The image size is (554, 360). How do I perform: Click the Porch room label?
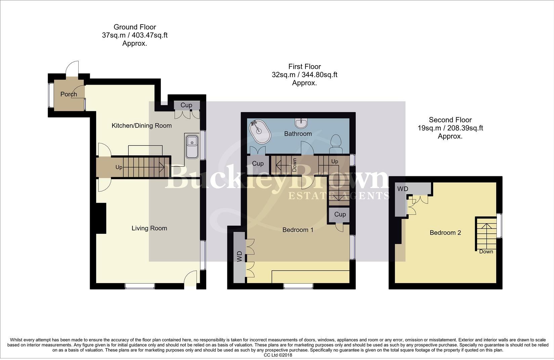coord(69,94)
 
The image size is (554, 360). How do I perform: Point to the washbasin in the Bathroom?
coord(301,123)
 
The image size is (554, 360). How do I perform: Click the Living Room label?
coord(149,228)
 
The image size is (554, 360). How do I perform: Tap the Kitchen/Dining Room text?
coord(141,126)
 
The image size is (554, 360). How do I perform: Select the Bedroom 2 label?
coord(445,233)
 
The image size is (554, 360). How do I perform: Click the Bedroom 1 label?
coord(298,230)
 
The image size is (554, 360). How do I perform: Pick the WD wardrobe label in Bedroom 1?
coord(240,257)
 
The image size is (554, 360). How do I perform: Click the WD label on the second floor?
coord(402,189)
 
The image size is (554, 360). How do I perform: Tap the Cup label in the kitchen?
coord(186,105)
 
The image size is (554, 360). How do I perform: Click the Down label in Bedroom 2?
coord(486,252)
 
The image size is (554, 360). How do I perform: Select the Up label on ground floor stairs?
coord(119,167)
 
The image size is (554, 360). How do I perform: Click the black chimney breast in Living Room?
coord(101,219)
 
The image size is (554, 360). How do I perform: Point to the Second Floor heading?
coord(450,120)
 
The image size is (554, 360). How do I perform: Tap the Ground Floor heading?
coord(135,27)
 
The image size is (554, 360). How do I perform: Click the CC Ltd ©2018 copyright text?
coord(278,355)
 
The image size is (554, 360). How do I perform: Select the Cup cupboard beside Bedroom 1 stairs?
coord(340,215)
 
